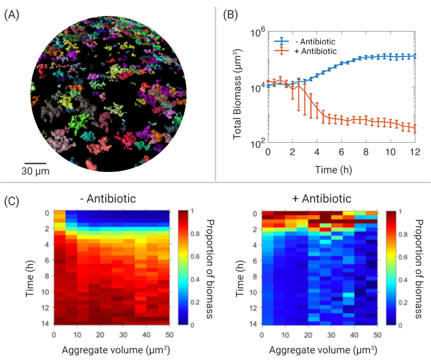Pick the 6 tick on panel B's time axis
[341, 152]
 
